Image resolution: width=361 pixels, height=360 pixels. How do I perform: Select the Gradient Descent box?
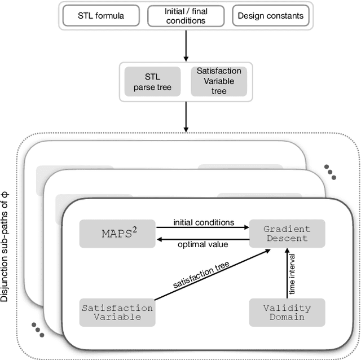point(287,233)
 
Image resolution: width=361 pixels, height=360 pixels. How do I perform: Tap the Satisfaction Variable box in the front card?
point(117,312)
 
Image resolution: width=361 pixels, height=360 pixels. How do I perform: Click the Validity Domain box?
point(287,312)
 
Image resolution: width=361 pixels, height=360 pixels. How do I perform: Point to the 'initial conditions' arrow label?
point(204,222)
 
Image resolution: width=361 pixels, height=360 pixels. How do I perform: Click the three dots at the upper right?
point(330,172)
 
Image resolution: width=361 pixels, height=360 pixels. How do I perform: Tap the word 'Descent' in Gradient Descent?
point(287,238)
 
